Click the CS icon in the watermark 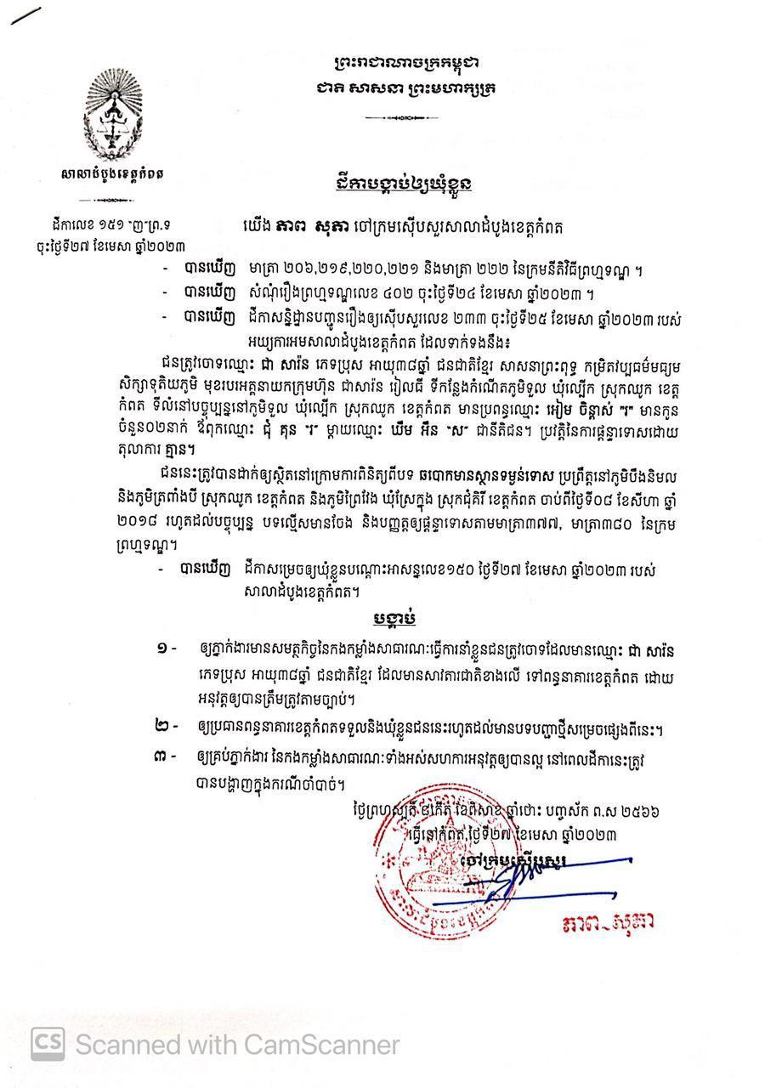click(48, 1044)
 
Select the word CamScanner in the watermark click(332, 1044)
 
